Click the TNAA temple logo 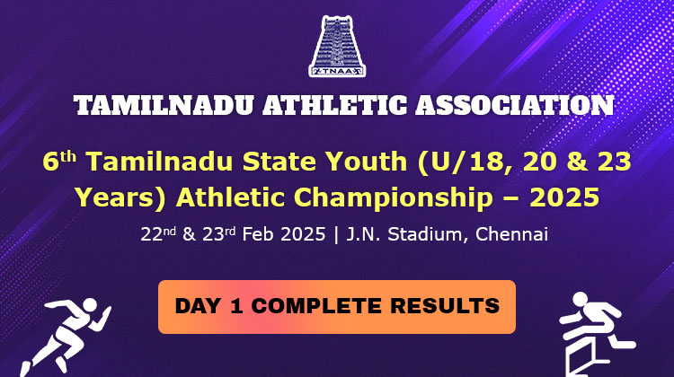click(337, 47)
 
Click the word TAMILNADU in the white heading click(163, 106)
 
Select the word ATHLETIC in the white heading click(334, 106)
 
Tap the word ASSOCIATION click(515, 106)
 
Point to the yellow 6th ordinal click(59, 161)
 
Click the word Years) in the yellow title click(120, 198)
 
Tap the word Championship click(394, 198)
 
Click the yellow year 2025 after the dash click(564, 197)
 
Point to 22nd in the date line click(158, 234)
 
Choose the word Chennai click(511, 234)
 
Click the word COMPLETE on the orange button click(316, 306)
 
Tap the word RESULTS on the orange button click(445, 306)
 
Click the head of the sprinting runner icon click(89, 305)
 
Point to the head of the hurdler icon click(581, 299)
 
